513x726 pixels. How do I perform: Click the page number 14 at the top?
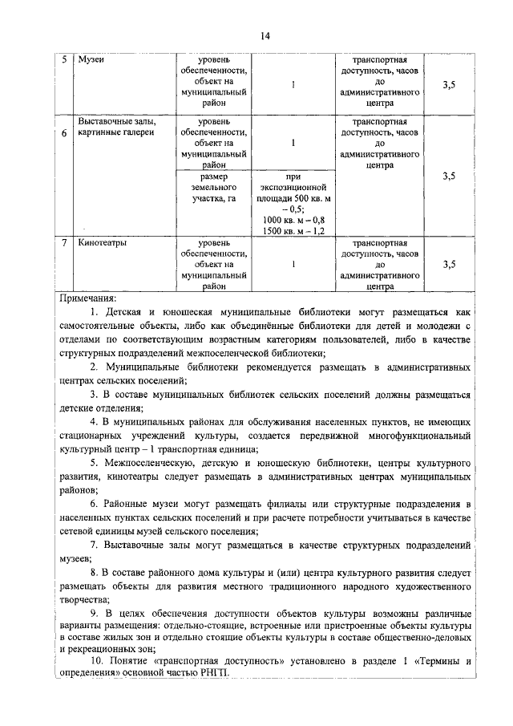click(x=265, y=35)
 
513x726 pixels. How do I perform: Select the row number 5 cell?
click(x=64, y=60)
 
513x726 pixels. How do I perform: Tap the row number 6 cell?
click(x=64, y=134)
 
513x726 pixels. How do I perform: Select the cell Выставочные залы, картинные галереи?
click(x=115, y=127)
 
